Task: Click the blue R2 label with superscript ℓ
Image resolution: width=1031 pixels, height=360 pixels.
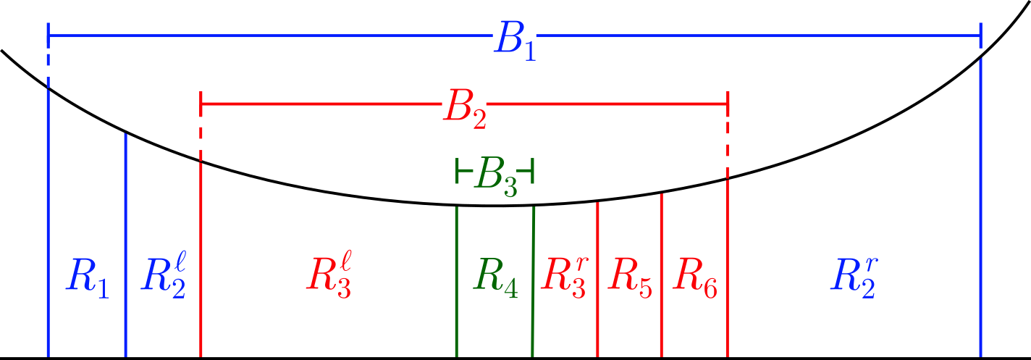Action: [164, 277]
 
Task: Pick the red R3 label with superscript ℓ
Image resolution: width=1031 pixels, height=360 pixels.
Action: [329, 277]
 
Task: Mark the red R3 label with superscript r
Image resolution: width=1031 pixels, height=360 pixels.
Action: [565, 277]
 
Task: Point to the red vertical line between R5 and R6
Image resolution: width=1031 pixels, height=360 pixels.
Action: [661, 275]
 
